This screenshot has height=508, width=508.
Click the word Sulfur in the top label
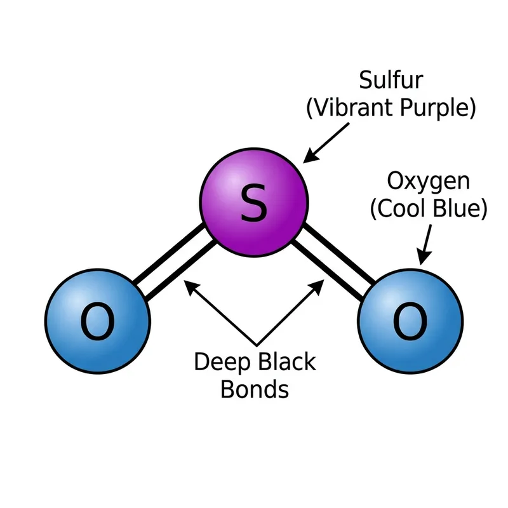click(x=391, y=81)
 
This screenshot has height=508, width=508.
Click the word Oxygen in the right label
click(x=429, y=182)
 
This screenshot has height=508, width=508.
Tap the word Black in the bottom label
click(x=285, y=362)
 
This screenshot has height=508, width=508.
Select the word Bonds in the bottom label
click(x=254, y=389)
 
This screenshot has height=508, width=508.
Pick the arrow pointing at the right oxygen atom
click(x=426, y=244)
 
